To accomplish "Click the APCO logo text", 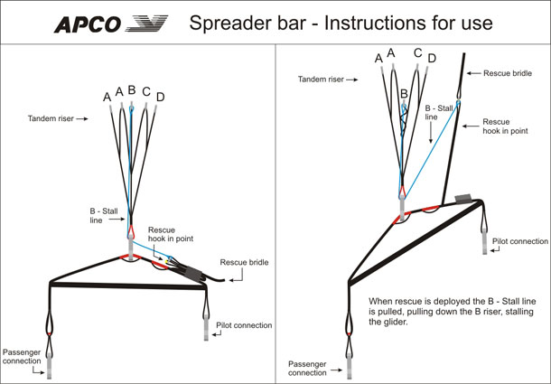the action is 87,24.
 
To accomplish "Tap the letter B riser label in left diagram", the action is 132,90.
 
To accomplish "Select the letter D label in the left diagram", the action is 161,97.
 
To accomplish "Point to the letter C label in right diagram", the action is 418,53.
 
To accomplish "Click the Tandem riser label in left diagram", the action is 51,119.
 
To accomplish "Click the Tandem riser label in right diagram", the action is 321,80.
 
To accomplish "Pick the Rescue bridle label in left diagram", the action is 244,262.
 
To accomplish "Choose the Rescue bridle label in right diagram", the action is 508,73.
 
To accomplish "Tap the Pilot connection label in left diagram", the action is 244,325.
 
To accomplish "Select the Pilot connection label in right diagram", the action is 520,241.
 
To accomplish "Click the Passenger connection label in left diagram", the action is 22,357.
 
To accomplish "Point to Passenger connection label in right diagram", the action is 307,368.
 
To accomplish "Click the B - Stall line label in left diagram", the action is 104,216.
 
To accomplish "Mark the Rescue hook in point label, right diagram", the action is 505,126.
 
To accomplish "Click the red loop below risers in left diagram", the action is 131,230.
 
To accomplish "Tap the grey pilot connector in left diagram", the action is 206,328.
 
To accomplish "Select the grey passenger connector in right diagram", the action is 349,367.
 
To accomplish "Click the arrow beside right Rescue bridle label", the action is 473,73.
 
